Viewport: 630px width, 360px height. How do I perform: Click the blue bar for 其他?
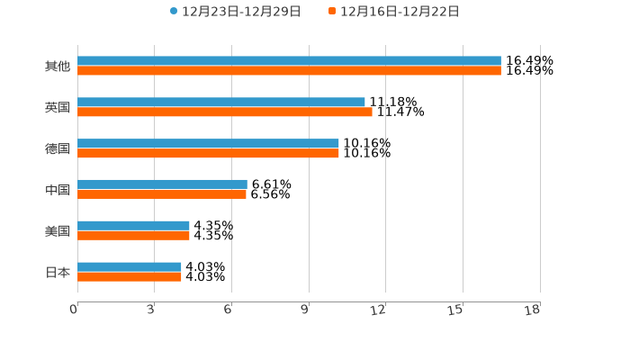(x=289, y=61)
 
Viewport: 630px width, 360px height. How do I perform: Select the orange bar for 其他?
(x=289, y=71)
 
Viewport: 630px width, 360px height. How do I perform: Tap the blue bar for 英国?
(x=221, y=103)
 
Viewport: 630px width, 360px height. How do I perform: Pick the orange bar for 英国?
(x=225, y=112)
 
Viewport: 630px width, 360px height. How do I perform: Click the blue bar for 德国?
(x=208, y=144)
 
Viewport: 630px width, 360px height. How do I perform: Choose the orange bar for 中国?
(x=162, y=194)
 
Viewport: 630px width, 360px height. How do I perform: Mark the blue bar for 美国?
(x=133, y=226)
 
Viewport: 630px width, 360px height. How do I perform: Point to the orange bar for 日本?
(x=130, y=276)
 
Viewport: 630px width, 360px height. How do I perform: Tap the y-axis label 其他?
(x=58, y=67)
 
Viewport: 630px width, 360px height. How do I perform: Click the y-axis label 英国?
(x=58, y=108)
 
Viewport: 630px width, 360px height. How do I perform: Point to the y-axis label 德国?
(x=58, y=148)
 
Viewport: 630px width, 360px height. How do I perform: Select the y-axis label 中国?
(x=58, y=190)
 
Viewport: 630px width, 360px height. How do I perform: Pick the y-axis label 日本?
(x=58, y=272)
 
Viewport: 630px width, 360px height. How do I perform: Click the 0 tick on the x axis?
(x=75, y=310)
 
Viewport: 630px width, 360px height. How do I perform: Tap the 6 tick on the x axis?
(x=229, y=310)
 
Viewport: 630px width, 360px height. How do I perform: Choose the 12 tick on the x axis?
(x=379, y=310)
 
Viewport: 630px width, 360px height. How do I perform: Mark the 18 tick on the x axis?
(x=533, y=310)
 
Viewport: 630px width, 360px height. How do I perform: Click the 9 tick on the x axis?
(x=306, y=310)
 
